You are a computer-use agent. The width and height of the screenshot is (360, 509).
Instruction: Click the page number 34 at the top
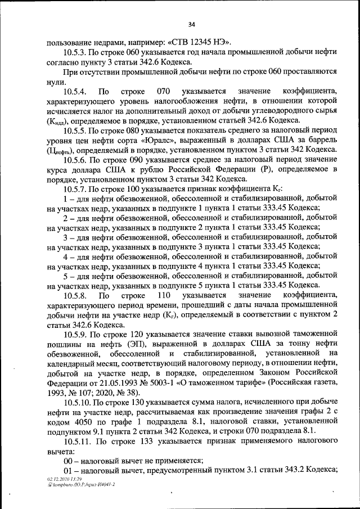[191, 24]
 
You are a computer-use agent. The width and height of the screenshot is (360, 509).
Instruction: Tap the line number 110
[164, 295]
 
